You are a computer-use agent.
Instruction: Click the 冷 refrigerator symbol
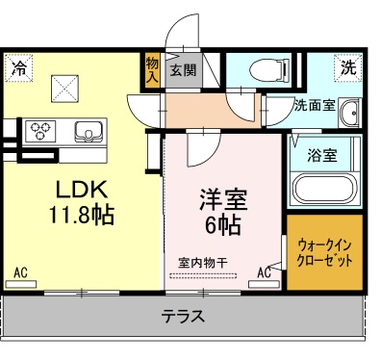(x=19, y=67)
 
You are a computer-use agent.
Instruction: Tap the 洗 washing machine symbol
(x=348, y=67)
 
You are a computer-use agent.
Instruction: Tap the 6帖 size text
(x=222, y=227)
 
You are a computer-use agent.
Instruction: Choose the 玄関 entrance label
(x=183, y=70)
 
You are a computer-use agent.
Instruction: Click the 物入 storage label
(x=152, y=70)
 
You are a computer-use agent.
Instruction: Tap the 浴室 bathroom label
(x=322, y=155)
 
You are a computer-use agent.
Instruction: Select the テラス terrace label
(x=182, y=315)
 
